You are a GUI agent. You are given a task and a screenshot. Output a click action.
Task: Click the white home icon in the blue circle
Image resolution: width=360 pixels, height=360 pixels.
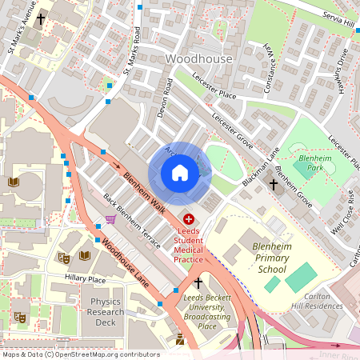click(180, 173)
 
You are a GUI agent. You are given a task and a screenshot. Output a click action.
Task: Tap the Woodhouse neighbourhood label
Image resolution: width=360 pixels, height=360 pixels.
click(198, 59)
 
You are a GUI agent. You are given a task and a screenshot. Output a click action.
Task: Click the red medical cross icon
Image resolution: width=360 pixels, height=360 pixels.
click(189, 218)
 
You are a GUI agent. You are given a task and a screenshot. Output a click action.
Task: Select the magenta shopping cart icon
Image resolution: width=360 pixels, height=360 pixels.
click(110, 219)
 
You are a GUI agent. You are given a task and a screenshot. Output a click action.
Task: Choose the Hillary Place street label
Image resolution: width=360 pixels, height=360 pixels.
click(86, 279)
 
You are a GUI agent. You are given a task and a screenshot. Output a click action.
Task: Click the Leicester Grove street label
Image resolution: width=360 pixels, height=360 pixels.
click(233, 129)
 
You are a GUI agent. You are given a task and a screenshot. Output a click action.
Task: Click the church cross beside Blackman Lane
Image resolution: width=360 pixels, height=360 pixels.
click(273, 184)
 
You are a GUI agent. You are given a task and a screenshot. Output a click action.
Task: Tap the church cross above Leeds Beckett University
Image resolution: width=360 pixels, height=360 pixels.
click(198, 283)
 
